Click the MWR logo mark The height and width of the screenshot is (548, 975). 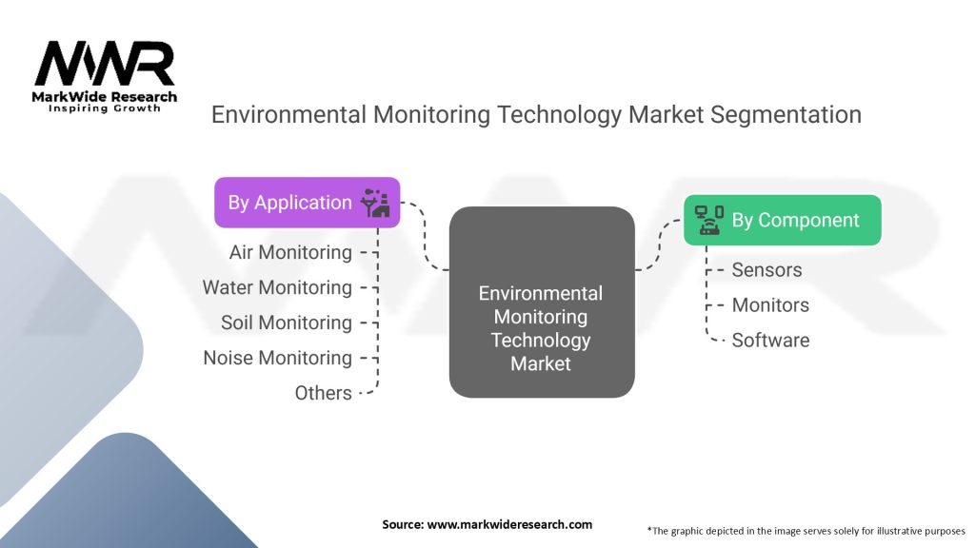(105, 64)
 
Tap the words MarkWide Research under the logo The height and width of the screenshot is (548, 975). (105, 96)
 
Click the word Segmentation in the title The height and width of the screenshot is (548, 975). (786, 115)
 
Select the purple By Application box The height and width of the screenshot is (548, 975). (308, 203)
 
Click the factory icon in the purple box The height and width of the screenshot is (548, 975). (375, 203)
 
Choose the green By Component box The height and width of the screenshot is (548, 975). (783, 220)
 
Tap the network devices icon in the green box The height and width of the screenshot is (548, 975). (708, 220)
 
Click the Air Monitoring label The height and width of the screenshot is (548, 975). (290, 252)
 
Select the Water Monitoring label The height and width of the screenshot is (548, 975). (277, 287)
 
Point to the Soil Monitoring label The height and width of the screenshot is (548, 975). (286, 323)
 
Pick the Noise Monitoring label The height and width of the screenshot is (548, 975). (277, 358)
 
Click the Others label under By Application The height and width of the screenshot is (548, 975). (324, 393)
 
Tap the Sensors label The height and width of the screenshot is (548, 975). (766, 269)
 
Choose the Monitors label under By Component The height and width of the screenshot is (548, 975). (770, 305)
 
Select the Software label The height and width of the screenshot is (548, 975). (770, 341)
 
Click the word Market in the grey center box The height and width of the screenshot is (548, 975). (541, 363)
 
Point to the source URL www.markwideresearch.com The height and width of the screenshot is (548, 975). (509, 524)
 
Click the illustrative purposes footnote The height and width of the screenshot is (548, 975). (806, 531)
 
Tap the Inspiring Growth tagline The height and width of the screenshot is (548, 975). (105, 108)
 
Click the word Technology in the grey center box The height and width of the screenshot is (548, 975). (541, 341)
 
